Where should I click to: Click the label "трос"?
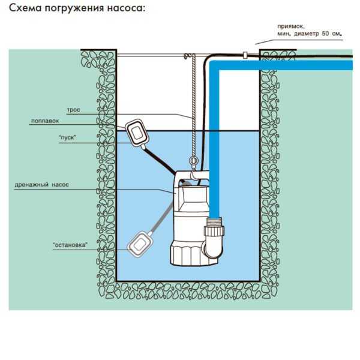[73, 110]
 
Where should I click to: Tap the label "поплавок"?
[45, 121]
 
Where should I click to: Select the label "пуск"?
[67, 137]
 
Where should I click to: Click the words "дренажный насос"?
[41, 185]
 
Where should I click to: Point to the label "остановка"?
[70, 245]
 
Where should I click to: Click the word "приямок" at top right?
[291, 26]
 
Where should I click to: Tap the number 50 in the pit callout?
[325, 34]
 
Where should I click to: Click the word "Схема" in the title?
[25, 8]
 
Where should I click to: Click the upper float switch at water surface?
[137, 133]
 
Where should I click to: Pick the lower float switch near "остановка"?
[139, 245]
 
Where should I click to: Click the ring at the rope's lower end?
[193, 161]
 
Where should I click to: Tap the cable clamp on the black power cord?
[245, 55]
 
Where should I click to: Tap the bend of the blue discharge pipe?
[214, 65]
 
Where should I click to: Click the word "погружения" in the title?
[74, 9]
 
